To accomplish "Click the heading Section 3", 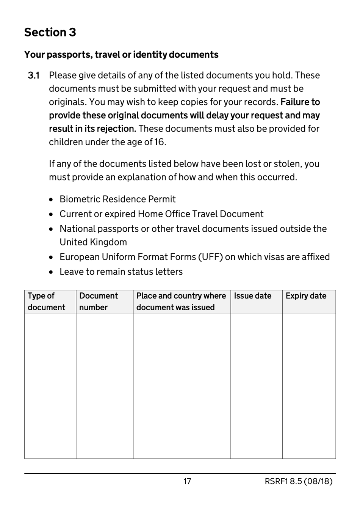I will pos(50,33).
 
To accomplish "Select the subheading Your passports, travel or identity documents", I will pos(121,55).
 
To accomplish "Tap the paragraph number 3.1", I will pos(34,75).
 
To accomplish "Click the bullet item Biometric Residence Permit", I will pos(117,199).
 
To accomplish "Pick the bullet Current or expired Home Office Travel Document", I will pos(161,214).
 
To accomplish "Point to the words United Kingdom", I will pos(93,242).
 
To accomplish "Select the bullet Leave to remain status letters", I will pos(121,272).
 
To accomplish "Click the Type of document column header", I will pos(46,302).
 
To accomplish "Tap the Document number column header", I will pos(99,302).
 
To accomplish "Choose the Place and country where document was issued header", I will pos(181,302).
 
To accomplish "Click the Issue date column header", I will pos(252,296).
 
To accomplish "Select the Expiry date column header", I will pos(306,296).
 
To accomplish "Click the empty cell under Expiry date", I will pos(309,386).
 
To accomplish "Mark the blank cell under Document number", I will pos(105,386).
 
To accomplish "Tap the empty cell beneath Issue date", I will pos(257,386).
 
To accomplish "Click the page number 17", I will pos(187,481).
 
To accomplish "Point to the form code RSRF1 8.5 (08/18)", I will pos(298,481).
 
